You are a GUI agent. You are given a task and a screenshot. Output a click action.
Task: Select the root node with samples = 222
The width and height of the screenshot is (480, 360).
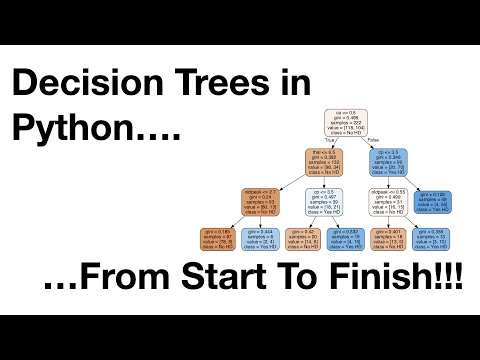point(346,122)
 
